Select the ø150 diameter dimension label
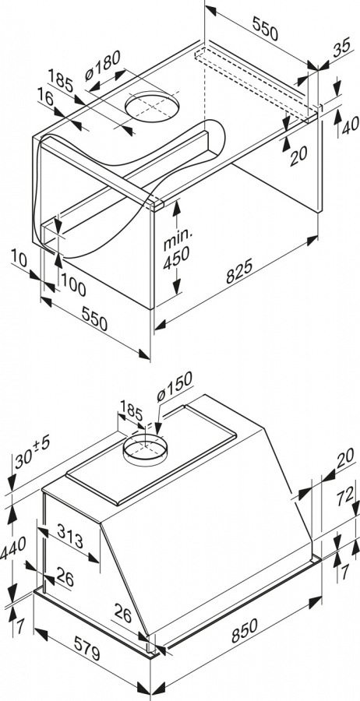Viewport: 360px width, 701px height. point(175,386)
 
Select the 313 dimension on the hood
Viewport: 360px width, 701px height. point(70,536)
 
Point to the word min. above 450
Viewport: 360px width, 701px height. point(178,240)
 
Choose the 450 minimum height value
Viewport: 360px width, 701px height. point(176,259)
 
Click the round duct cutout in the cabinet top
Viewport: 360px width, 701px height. point(152,107)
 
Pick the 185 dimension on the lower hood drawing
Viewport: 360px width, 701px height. point(132,410)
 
